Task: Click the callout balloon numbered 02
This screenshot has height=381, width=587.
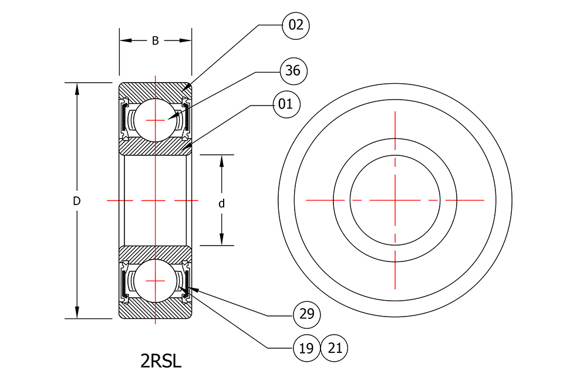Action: (296, 25)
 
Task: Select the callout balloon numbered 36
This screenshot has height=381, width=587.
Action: (293, 71)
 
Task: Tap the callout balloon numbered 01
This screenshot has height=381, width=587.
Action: (286, 104)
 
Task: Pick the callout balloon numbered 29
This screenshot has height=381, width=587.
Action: (307, 314)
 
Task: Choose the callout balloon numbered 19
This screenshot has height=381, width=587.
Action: (306, 348)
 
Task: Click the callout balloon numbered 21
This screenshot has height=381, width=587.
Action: (335, 348)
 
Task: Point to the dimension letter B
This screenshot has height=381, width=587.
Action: (156, 41)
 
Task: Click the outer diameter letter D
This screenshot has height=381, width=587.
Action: (76, 201)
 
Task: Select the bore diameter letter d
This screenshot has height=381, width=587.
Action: (222, 203)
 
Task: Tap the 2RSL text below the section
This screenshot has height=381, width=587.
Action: (161, 361)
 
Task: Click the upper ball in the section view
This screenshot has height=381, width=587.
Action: (155, 120)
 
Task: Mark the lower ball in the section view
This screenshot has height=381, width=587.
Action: (155, 281)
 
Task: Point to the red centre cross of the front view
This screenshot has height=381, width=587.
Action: (395, 200)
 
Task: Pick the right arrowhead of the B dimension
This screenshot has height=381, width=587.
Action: (185, 40)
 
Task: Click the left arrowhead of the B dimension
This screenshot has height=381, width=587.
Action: (126, 40)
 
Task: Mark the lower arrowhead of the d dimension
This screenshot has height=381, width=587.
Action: (222, 240)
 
